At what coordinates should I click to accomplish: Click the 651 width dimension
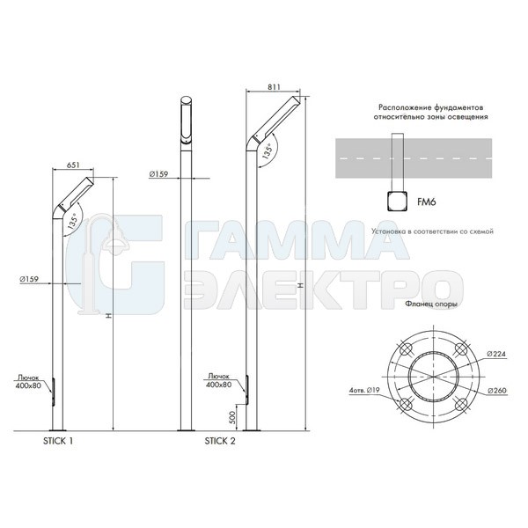point(73,165)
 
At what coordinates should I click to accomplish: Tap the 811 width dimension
point(274,87)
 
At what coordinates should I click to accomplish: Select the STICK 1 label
point(58,441)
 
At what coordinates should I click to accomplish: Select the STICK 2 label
point(220,441)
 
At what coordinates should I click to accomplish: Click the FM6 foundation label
point(427,202)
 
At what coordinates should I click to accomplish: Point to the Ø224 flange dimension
point(496,354)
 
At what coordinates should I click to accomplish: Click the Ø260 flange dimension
point(497,391)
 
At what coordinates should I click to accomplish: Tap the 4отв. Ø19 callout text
point(364,391)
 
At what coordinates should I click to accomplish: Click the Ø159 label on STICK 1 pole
point(29,279)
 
